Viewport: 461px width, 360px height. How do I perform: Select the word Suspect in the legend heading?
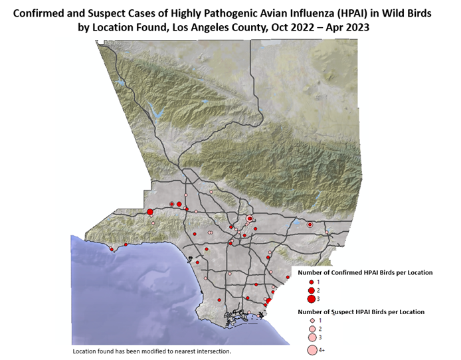click(x=342, y=311)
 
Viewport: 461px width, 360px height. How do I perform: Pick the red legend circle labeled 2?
click(x=310, y=291)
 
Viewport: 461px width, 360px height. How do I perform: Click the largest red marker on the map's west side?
click(x=150, y=212)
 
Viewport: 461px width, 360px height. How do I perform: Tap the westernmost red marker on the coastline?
click(x=110, y=250)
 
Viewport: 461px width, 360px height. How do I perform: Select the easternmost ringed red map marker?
click(x=310, y=225)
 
